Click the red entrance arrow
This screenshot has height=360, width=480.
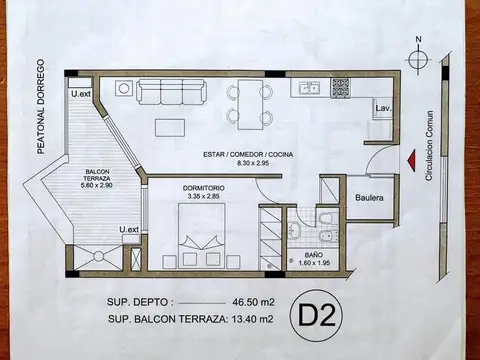410,159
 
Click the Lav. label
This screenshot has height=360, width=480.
382,107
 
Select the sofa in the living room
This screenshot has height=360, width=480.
174,92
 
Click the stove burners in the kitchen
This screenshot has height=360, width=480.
344,88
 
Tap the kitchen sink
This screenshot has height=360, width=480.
312,89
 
